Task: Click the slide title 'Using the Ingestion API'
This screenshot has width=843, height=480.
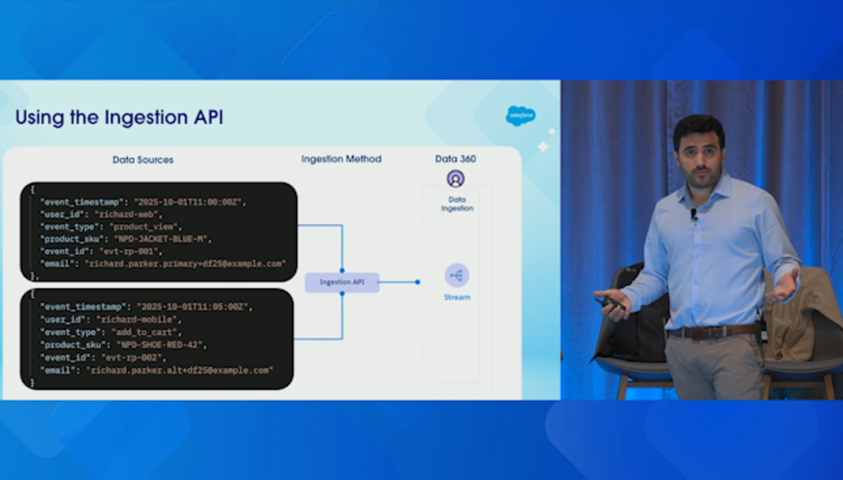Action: click(119, 117)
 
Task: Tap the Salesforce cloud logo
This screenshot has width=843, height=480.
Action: click(520, 115)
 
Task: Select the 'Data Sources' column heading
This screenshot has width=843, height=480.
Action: click(143, 159)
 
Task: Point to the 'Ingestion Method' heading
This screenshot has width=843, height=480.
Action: click(341, 158)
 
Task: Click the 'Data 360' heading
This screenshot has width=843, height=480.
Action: click(455, 158)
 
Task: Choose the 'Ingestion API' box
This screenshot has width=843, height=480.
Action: click(342, 282)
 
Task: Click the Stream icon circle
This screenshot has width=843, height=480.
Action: click(456, 275)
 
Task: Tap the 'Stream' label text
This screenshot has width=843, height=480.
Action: click(456, 297)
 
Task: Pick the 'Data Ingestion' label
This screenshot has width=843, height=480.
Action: click(456, 204)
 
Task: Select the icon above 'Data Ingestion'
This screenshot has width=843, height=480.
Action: click(455, 178)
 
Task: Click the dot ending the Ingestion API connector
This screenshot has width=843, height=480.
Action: click(418, 282)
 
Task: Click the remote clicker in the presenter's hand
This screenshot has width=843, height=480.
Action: click(613, 302)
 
